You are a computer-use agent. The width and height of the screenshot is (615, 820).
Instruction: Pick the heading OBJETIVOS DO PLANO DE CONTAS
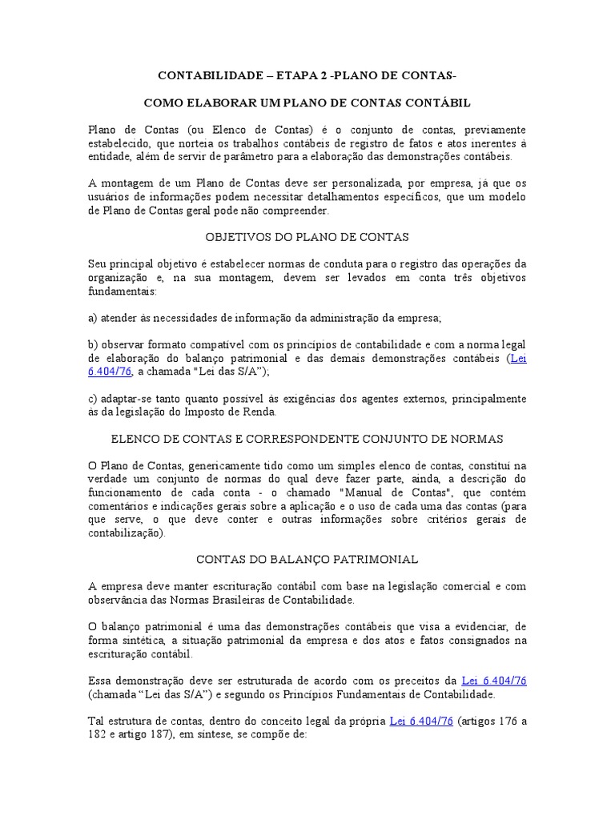point(307,237)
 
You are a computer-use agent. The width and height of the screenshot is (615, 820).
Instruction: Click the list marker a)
point(93,318)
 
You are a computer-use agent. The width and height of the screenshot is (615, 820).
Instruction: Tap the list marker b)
point(93,345)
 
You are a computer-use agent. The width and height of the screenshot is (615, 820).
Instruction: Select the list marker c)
point(93,399)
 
